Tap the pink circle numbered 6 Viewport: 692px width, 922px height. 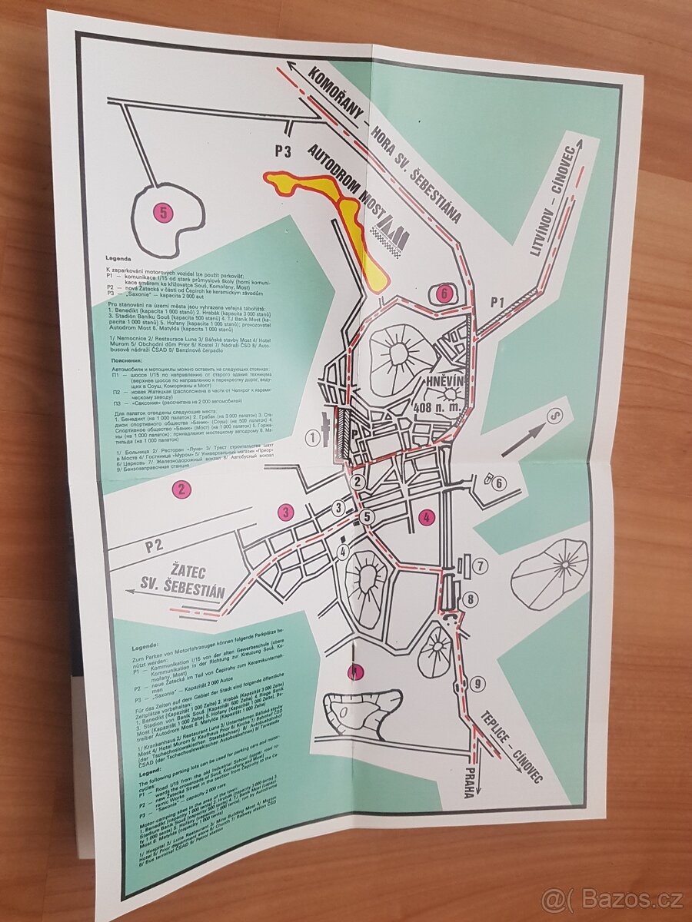[444, 293]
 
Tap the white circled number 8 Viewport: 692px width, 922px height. [471, 599]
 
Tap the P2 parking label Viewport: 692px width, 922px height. [155, 546]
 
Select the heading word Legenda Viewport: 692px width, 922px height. [120, 259]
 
